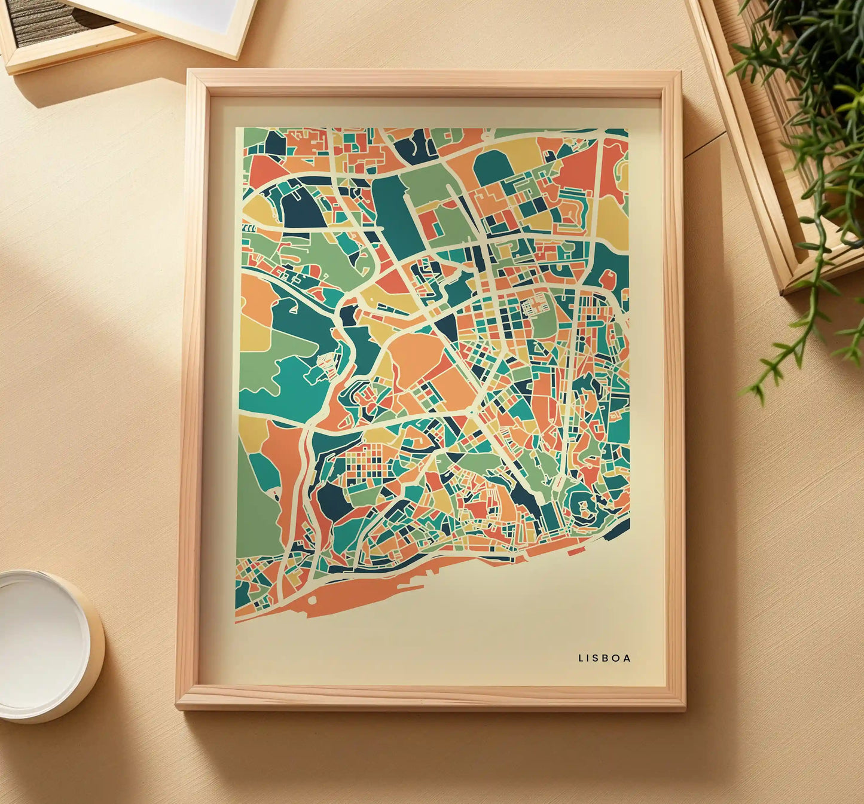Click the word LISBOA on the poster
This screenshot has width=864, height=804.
pyautogui.click(x=604, y=658)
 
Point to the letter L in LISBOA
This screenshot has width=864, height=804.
pyautogui.click(x=581, y=658)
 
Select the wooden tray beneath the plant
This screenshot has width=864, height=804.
pyautogui.click(x=771, y=149)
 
